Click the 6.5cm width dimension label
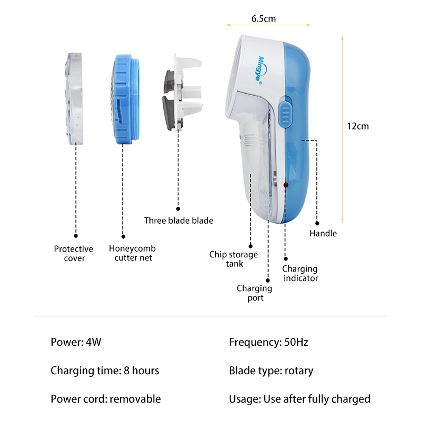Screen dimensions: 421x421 264,18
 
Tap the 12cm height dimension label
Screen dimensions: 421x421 358,126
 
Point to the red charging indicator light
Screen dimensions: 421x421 286,185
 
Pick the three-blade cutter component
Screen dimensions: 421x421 179,92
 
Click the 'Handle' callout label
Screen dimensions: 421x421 323,233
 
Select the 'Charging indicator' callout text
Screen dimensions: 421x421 301,274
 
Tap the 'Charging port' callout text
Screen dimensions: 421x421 255,293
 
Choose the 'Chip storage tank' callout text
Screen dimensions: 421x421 234,259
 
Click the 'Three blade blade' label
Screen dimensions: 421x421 179,220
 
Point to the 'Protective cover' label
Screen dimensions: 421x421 74,254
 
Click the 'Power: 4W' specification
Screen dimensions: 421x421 76,342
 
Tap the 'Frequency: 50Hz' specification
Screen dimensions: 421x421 268,342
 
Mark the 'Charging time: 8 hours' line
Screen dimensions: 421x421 105,370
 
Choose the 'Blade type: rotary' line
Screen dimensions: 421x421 271,370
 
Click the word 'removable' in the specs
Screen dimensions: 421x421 135,399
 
